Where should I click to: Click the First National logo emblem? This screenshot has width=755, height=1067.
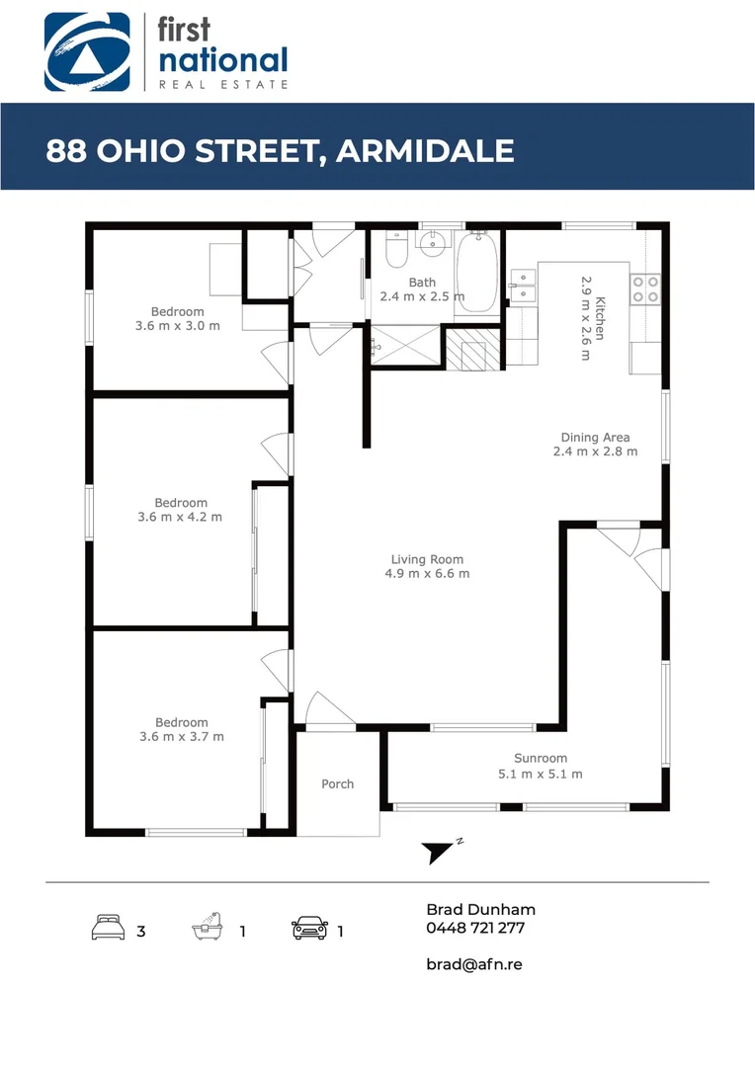87,51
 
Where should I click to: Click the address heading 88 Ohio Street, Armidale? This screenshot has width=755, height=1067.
280,151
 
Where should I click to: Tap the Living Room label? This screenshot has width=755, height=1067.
426,559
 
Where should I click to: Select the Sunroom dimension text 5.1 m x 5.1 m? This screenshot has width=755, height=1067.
540,774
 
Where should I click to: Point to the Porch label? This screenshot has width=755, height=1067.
337,783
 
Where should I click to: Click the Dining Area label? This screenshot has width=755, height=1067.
595,437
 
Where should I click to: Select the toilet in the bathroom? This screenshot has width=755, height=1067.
396,251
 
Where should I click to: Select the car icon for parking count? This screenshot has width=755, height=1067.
309,929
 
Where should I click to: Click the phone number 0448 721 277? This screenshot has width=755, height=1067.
475,929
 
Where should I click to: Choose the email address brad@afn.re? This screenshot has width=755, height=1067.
473,963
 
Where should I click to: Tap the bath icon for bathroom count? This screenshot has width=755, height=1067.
207,928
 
